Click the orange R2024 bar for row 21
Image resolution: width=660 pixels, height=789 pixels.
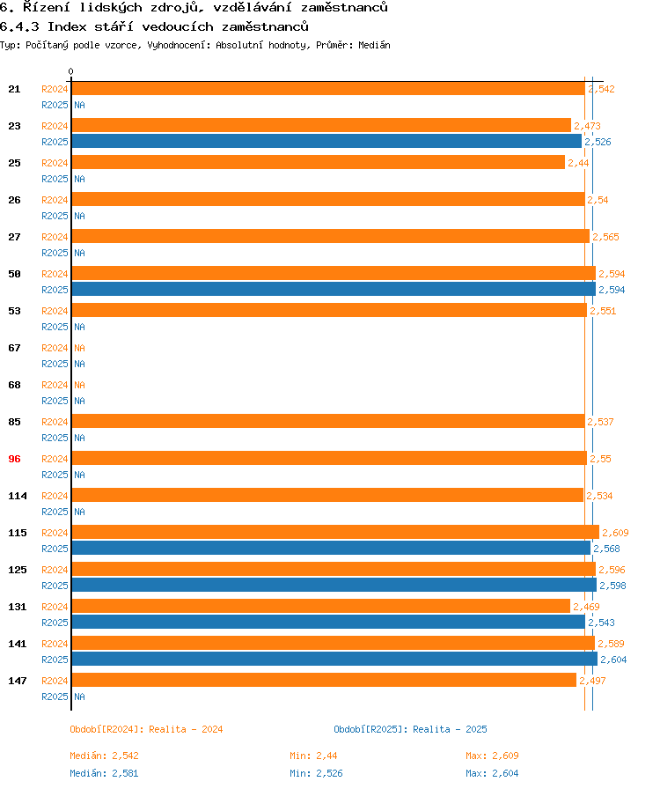[x=327, y=89]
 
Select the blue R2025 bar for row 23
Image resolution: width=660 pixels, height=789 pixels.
[x=326, y=141]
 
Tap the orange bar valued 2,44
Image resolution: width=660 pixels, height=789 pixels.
[x=318, y=163]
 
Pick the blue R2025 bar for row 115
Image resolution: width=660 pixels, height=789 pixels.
[x=330, y=549]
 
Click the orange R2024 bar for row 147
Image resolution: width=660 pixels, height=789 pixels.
[x=323, y=681]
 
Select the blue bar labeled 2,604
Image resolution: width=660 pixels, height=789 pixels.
[x=334, y=659]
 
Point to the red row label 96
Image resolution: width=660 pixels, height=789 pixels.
[x=14, y=459]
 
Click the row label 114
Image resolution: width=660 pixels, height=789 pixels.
[x=18, y=496]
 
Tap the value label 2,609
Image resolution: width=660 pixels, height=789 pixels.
[x=614, y=533]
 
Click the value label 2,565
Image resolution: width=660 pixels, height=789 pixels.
[x=605, y=237]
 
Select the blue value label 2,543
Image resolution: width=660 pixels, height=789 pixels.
[x=601, y=623]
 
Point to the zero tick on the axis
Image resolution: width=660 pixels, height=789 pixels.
[x=70, y=72]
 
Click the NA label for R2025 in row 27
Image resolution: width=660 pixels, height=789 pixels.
[x=79, y=253]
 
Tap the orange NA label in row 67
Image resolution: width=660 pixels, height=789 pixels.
[x=79, y=348]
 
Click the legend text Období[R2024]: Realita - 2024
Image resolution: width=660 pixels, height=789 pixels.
[x=146, y=729]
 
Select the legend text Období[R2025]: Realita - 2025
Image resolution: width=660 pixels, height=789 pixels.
[x=410, y=729]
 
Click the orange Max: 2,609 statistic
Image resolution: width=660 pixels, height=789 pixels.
[x=492, y=756]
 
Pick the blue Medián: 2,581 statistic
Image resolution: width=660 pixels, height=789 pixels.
[x=104, y=773]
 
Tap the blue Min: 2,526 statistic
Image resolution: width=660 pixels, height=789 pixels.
[x=316, y=773]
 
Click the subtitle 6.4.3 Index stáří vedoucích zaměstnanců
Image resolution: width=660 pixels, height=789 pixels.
[x=153, y=26]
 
